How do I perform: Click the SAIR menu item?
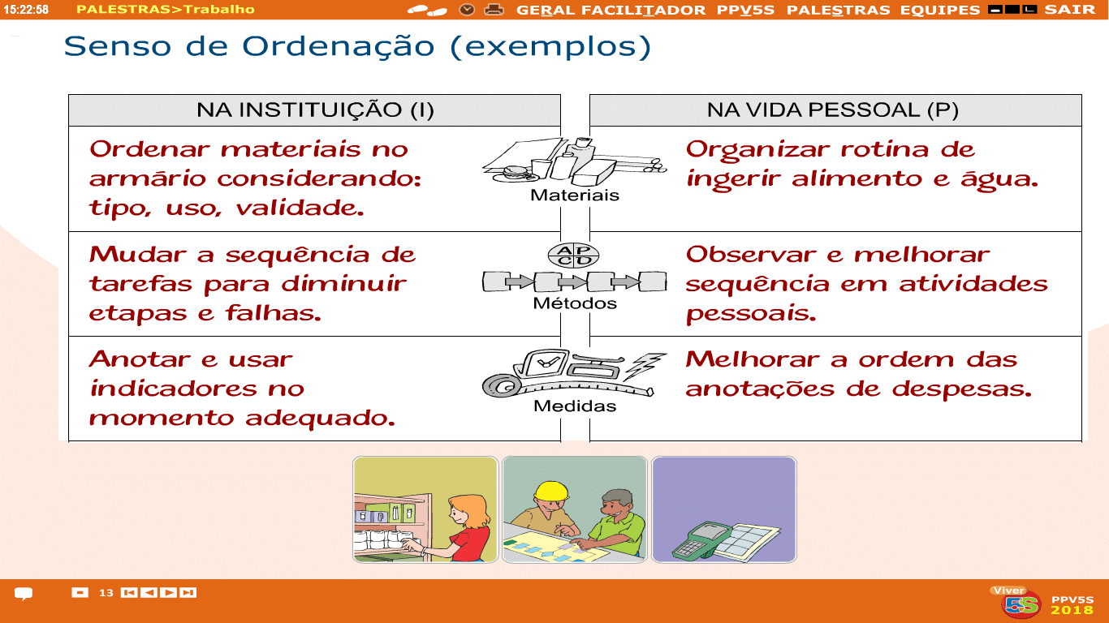(1069, 10)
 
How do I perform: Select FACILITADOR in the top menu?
(643, 10)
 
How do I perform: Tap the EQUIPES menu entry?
(939, 10)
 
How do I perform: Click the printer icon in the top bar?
(494, 10)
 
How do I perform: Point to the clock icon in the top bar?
(466, 10)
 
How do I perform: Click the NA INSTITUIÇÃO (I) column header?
(315, 110)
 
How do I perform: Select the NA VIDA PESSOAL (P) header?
(833, 110)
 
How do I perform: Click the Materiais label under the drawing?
(574, 195)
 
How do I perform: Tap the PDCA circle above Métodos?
(573, 256)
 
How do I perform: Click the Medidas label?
(575, 406)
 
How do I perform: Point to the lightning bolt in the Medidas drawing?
(644, 366)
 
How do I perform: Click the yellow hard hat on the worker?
(550, 491)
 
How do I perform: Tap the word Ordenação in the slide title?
(339, 47)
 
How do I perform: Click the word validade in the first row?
(300, 208)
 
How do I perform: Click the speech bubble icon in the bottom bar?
(24, 593)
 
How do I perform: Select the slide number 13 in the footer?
(106, 593)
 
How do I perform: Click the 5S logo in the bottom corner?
(1021, 604)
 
